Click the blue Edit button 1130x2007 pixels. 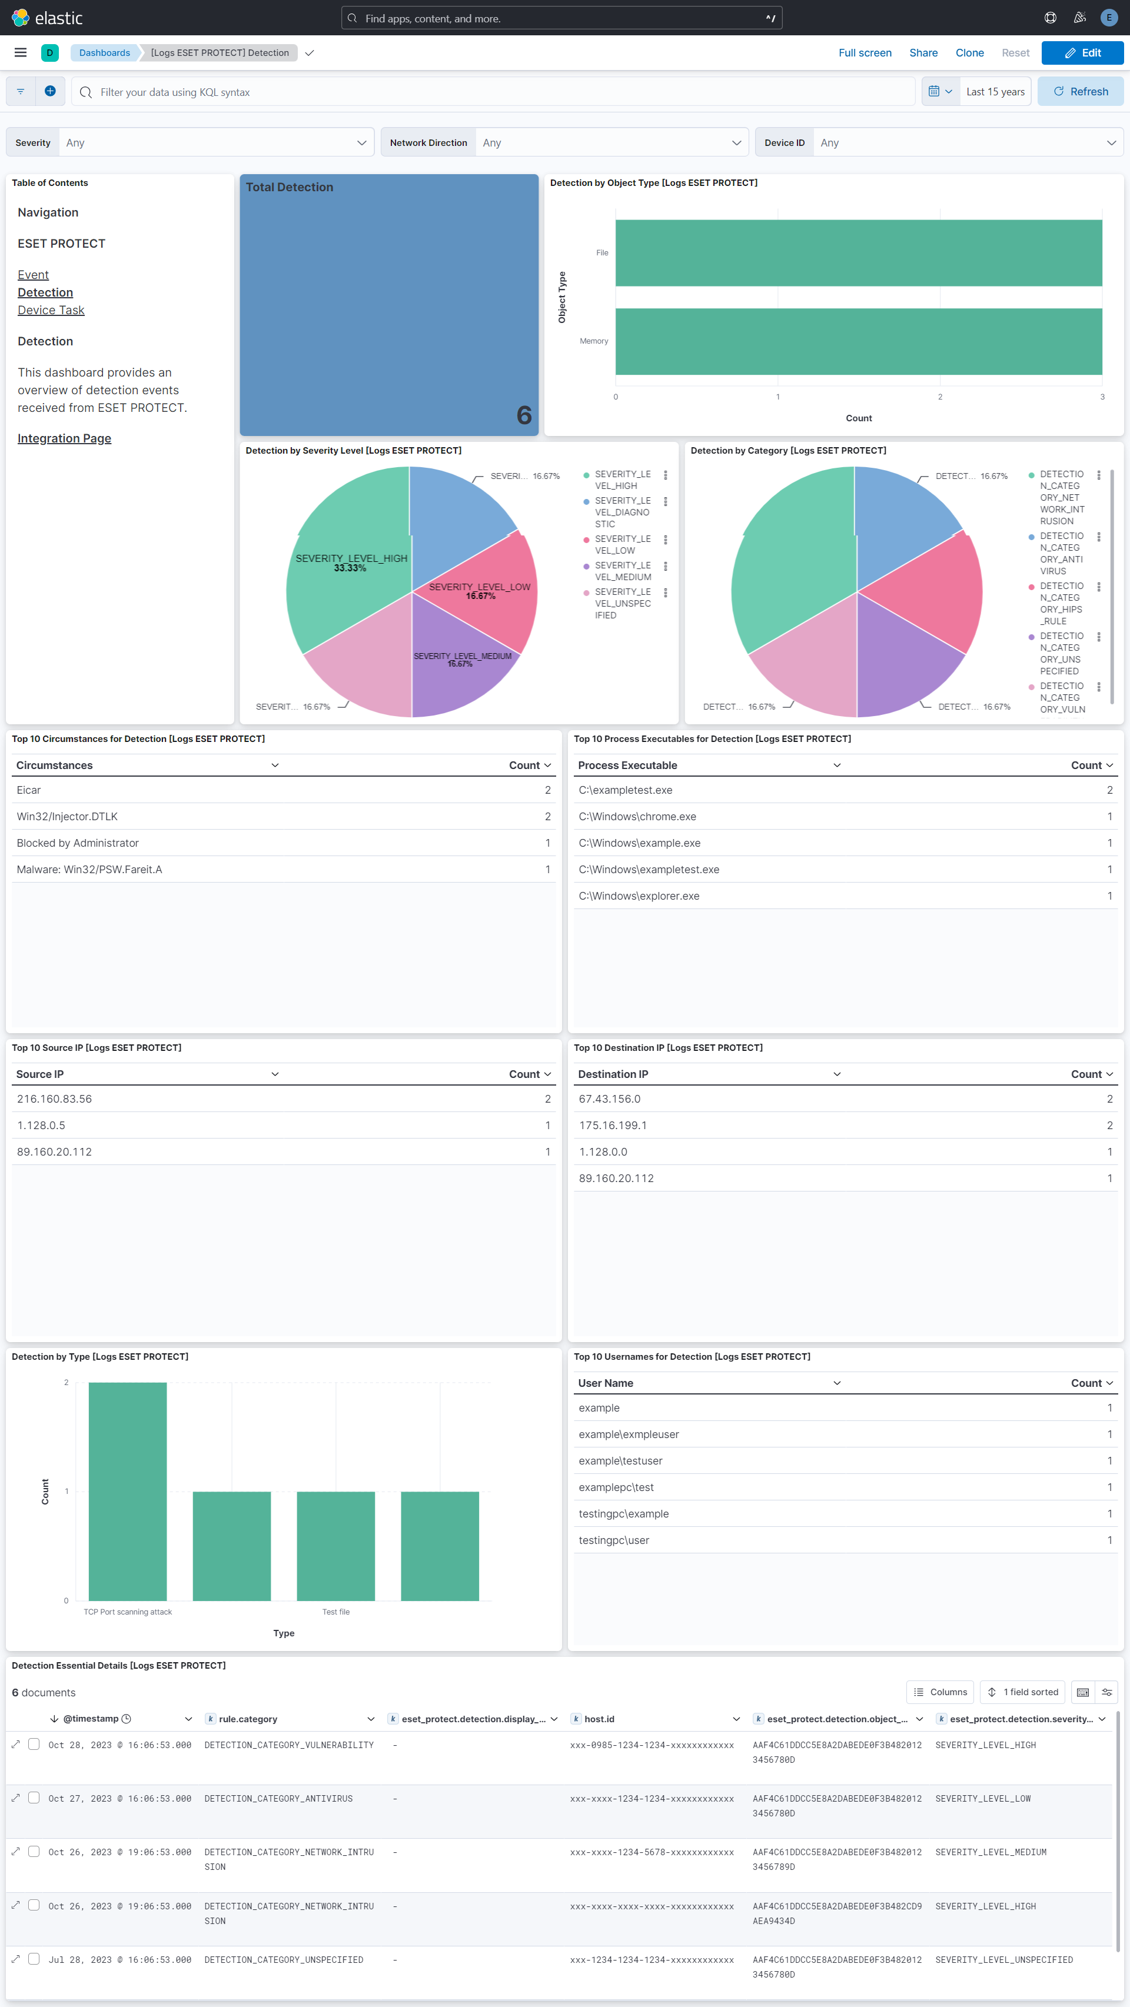1082,53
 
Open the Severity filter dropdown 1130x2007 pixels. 216,142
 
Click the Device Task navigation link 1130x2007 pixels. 51,310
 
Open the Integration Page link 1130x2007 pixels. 64,438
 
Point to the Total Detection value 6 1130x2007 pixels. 524,415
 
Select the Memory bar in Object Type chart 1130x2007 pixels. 858,341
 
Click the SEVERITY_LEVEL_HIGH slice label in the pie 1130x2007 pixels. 351,558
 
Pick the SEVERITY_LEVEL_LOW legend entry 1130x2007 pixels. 622,545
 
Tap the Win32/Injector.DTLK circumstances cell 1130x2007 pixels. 67,817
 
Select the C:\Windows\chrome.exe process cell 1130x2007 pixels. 637,817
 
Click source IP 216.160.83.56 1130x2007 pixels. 55,1099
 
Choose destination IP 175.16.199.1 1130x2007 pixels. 613,1125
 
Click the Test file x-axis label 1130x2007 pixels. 336,1612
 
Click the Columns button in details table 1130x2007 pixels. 940,1692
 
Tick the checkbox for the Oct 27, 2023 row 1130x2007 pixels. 34,1798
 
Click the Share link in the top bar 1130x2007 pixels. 923,53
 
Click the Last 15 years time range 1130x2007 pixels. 995,92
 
